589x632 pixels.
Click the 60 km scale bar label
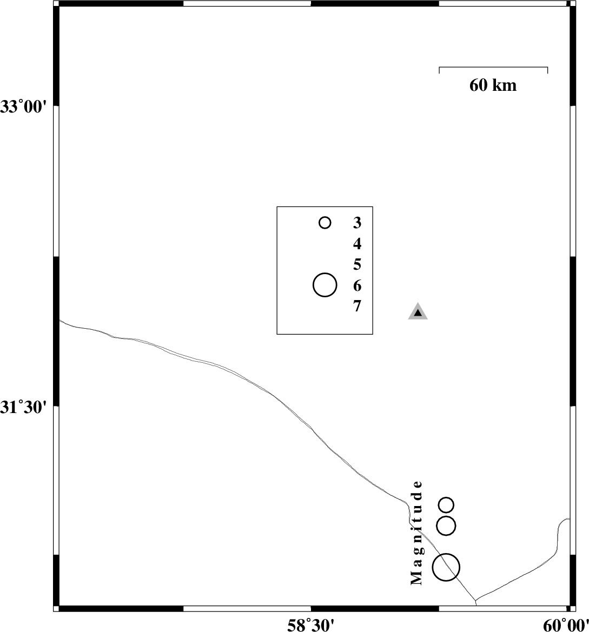click(493, 85)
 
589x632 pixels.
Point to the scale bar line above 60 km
click(493, 68)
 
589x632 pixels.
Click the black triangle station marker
click(418, 312)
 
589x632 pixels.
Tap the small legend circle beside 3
click(325, 223)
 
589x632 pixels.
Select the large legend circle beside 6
click(325, 285)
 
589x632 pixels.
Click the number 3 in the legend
click(357, 223)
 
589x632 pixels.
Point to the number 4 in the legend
click(357, 244)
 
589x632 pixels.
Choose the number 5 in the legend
click(357, 265)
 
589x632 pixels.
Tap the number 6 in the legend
click(357, 285)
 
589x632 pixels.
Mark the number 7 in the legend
click(357, 307)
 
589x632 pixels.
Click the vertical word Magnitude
click(416, 533)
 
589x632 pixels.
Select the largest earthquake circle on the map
click(446, 567)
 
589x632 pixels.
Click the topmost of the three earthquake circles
click(446, 505)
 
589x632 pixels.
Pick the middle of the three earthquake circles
click(446, 525)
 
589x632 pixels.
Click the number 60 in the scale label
click(479, 85)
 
